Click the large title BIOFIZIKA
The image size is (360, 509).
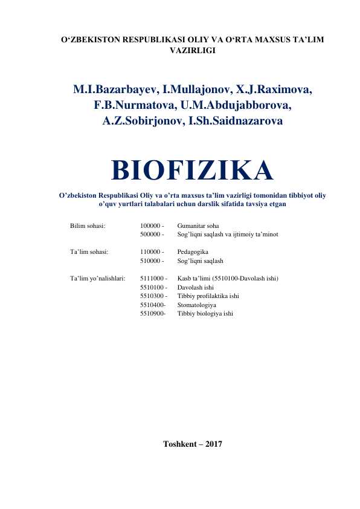[x=192, y=170]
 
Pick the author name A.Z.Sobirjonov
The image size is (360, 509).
[x=135, y=122]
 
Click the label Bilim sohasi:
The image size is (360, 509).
[x=88, y=225]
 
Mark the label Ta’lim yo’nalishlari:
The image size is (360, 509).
[x=98, y=279]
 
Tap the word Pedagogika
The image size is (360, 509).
[x=193, y=251]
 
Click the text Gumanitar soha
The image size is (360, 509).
[x=198, y=225]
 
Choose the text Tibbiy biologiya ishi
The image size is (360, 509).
[x=205, y=314]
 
